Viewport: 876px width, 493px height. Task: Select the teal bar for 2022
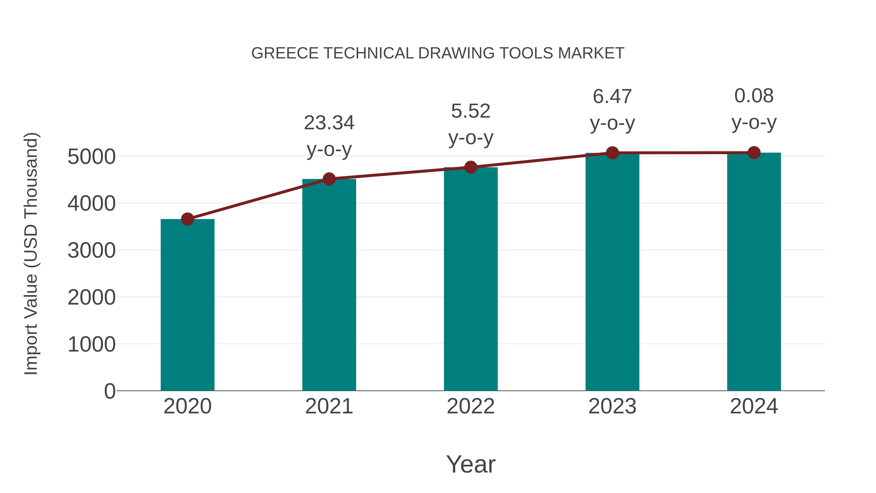tap(471, 279)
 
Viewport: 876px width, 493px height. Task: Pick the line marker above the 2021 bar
tap(329, 179)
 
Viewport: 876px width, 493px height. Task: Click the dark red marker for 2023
tap(612, 153)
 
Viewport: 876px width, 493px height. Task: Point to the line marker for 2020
tap(187, 219)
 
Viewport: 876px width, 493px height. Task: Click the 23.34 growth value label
tap(329, 123)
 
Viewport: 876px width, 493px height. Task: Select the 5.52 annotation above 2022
tap(471, 111)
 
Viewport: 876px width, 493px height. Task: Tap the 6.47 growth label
tap(612, 97)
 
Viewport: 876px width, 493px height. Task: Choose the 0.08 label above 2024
tap(754, 96)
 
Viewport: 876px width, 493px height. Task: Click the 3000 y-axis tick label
tap(91, 251)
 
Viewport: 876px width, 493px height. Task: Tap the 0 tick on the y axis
tap(110, 391)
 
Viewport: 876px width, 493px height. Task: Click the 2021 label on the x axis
tap(329, 406)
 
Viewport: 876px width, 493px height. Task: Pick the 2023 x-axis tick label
tap(612, 406)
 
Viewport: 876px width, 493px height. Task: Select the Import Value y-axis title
tap(31, 253)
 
